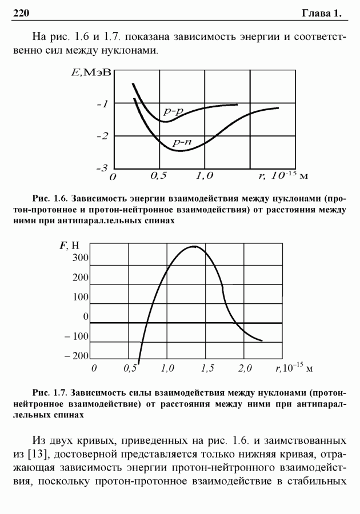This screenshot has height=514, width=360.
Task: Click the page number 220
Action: click(x=21, y=13)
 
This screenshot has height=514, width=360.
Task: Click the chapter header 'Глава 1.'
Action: click(x=322, y=13)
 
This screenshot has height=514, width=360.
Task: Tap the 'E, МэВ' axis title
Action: click(x=91, y=73)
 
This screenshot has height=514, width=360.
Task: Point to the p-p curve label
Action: click(x=173, y=112)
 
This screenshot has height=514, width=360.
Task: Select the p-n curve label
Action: click(x=182, y=142)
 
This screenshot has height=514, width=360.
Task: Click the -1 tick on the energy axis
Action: click(x=102, y=105)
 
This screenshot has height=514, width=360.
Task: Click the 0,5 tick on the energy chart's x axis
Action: click(x=159, y=176)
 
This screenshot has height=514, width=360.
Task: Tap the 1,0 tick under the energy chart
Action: click(x=205, y=176)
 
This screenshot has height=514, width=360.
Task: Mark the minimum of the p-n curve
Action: click(x=181, y=151)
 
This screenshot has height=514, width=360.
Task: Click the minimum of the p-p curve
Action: click(x=166, y=122)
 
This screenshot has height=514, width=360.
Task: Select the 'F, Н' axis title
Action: click(x=70, y=246)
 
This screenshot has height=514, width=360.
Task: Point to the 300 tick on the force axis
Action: click(x=81, y=258)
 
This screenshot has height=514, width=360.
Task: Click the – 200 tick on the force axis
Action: click(x=77, y=356)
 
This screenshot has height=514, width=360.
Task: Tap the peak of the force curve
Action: click(x=194, y=246)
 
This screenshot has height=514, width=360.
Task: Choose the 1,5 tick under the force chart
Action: click(x=207, y=368)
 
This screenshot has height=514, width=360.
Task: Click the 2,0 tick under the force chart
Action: click(x=245, y=368)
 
